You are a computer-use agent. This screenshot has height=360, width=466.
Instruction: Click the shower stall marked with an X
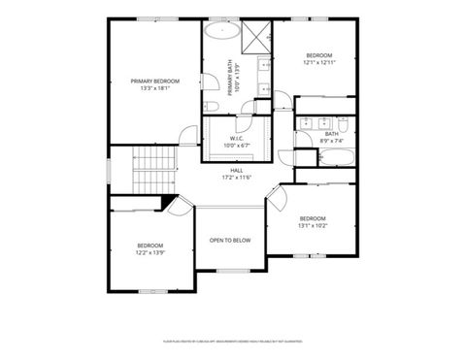(257, 36)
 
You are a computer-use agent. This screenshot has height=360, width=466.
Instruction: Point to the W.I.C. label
(235, 139)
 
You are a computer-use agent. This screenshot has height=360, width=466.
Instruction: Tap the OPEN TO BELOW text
(230, 240)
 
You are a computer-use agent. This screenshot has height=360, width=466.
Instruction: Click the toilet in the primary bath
(210, 106)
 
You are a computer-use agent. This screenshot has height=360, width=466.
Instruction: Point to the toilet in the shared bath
(342, 124)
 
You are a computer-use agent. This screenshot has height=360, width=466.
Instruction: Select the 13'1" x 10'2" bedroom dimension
(313, 225)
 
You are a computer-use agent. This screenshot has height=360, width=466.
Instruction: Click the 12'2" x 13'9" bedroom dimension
(150, 252)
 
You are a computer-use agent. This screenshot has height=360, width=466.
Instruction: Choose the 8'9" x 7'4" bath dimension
(332, 141)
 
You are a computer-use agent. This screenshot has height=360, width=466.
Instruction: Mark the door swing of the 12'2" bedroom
(178, 205)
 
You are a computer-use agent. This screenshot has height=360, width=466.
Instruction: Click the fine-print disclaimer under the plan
(232, 342)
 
